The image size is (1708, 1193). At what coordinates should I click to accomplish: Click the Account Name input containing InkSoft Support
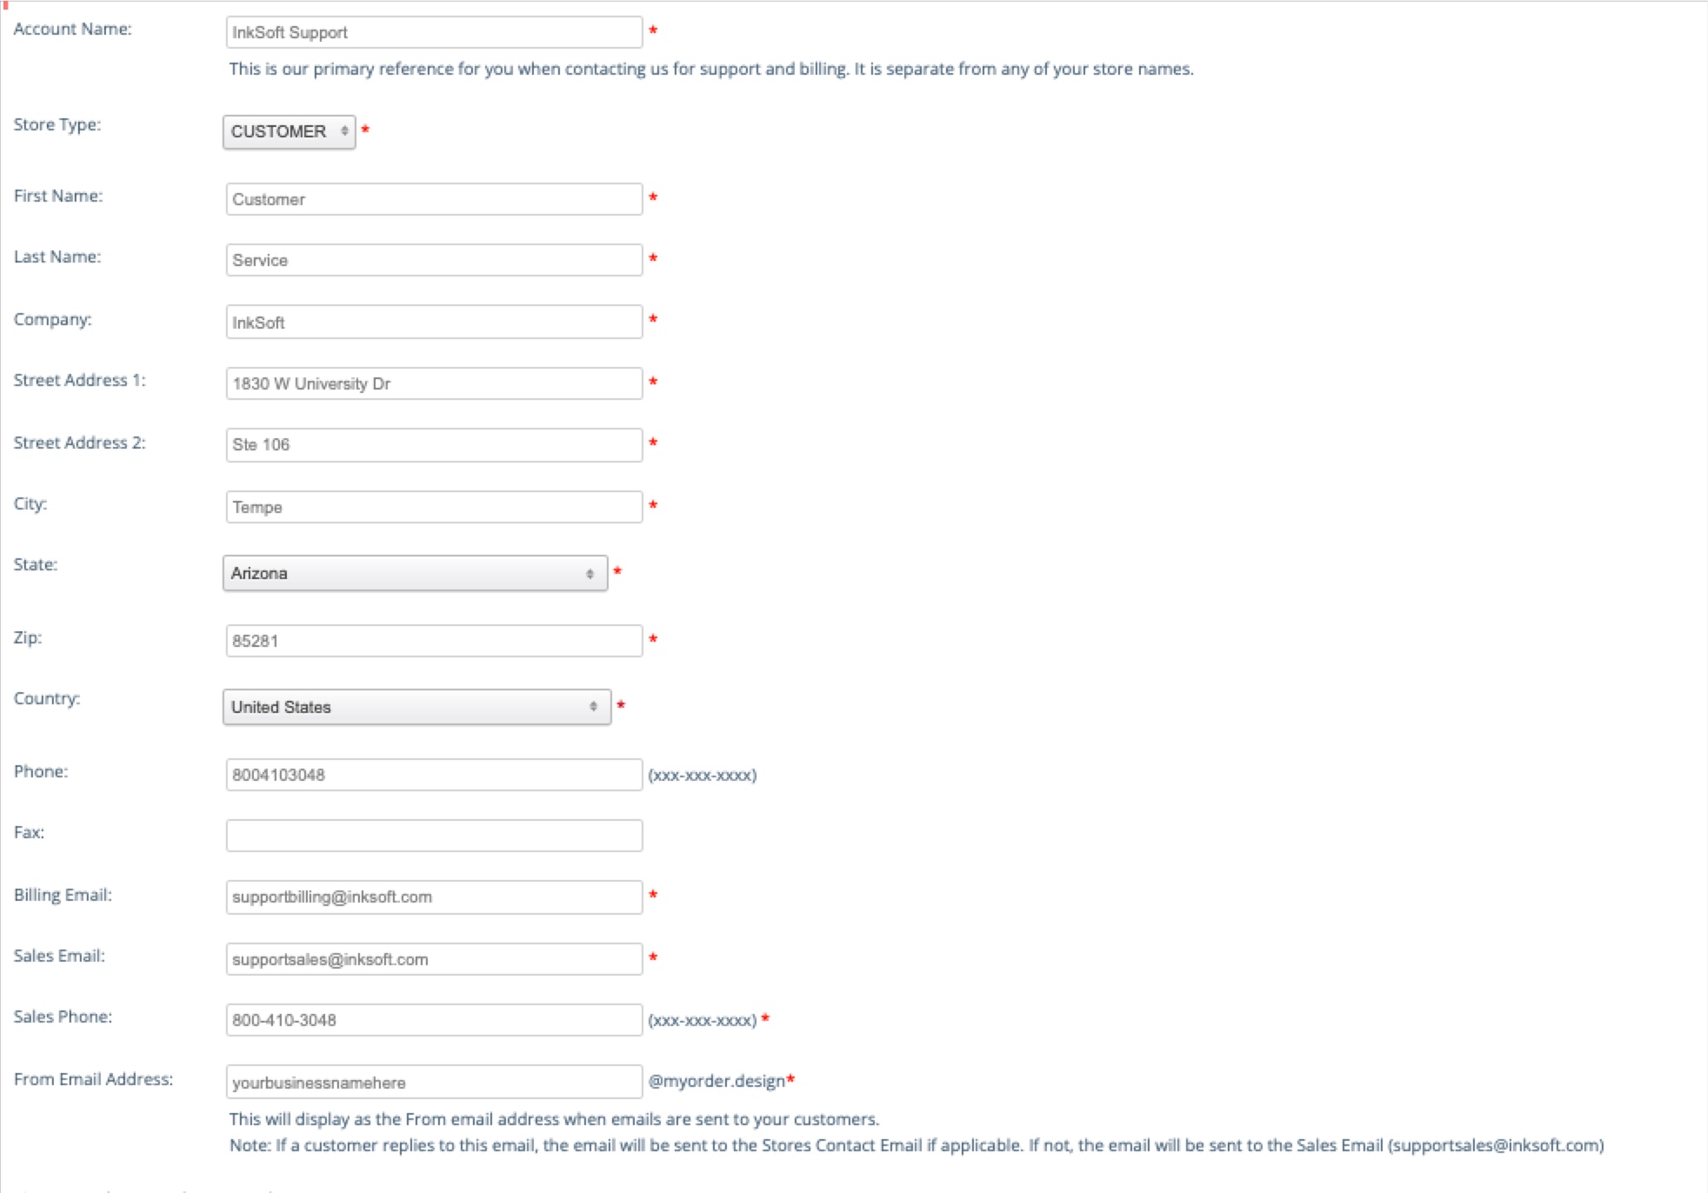(x=433, y=33)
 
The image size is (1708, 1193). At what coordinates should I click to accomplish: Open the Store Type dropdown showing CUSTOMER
(x=289, y=132)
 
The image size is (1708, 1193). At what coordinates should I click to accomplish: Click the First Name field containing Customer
(x=433, y=199)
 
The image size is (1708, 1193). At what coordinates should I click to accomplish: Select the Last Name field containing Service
(x=433, y=260)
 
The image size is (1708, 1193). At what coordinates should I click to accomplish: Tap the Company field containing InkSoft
(x=433, y=322)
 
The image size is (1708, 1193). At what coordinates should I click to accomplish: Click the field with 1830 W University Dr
(x=433, y=383)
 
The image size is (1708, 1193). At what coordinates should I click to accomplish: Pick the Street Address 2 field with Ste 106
(x=433, y=444)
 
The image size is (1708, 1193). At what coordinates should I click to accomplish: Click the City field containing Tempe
(x=433, y=507)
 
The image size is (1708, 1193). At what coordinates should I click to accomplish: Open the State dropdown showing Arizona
(x=415, y=574)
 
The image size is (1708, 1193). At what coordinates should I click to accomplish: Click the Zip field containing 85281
(x=433, y=641)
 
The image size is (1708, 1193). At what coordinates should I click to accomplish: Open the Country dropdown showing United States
(x=417, y=707)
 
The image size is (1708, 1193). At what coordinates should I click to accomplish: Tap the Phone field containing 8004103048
(x=433, y=775)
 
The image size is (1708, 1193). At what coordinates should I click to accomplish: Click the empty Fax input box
(x=433, y=836)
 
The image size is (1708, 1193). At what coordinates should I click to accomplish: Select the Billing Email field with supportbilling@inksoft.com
(x=433, y=897)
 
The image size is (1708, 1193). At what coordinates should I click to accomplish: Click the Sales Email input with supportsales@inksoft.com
(x=433, y=959)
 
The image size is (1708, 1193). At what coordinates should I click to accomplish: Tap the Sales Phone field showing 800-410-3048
(x=433, y=1020)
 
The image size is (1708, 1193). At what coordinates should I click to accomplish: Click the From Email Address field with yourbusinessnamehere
(x=433, y=1083)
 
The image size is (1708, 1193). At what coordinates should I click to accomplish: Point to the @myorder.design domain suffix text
(x=717, y=1081)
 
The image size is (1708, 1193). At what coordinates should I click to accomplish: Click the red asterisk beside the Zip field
(x=653, y=640)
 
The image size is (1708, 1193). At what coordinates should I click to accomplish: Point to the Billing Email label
(x=63, y=895)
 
